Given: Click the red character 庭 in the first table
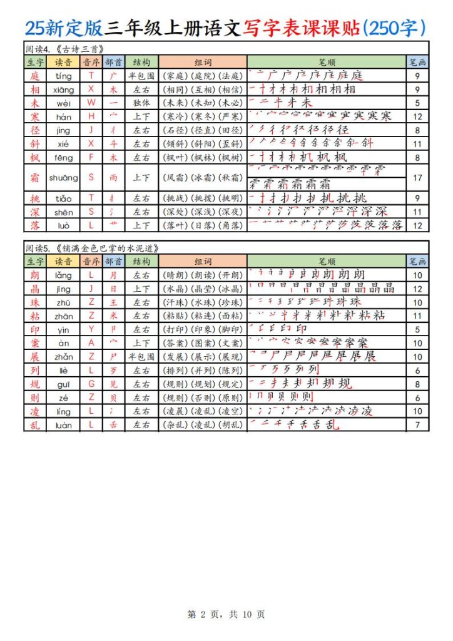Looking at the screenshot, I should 34,76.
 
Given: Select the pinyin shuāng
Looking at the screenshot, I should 63,178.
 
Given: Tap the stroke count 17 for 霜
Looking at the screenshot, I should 418,178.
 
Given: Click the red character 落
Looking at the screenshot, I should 34,225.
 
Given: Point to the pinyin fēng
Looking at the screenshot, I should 63,157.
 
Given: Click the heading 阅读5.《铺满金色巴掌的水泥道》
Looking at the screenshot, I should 91,248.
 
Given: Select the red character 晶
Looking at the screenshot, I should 34,289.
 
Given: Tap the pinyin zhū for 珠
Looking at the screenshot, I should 63,302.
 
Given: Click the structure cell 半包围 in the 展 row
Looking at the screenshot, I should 141,357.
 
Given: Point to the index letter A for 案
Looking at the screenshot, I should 91,343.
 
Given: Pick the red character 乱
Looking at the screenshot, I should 34,425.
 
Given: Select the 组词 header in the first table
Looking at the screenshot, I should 203,63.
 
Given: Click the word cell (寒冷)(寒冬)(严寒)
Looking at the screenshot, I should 203,116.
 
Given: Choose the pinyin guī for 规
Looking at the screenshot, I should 63,384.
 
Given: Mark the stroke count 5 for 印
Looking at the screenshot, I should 418,330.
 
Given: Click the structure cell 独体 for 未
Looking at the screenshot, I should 141,103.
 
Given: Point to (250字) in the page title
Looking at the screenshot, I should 395,28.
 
